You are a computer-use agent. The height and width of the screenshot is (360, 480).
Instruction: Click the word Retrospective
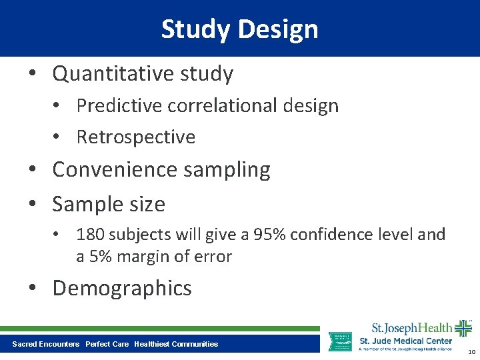(136, 137)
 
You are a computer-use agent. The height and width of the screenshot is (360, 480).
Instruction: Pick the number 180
(90, 235)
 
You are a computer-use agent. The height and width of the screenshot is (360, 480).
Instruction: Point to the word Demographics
(122, 288)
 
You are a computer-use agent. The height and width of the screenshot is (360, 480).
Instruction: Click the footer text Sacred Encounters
(45, 344)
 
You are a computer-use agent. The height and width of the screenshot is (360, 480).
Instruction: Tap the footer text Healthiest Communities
(176, 344)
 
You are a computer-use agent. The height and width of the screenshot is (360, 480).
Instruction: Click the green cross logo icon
(463, 329)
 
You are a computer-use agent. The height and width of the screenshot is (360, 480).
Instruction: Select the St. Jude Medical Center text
(405, 341)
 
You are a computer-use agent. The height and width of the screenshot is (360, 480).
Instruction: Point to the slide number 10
(471, 352)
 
